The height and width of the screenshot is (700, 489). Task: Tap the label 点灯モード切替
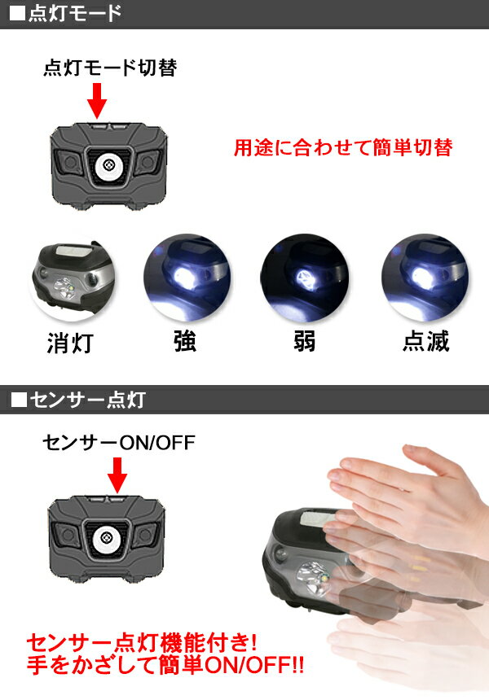pyautogui.click(x=109, y=69)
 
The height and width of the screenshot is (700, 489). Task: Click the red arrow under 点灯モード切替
pyautogui.click(x=98, y=101)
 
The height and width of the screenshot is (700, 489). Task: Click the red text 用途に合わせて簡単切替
pyautogui.click(x=342, y=148)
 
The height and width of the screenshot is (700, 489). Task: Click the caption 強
pyautogui.click(x=185, y=341)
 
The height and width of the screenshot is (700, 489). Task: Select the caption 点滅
pyautogui.click(x=425, y=341)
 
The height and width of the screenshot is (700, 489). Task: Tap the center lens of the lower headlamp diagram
pyautogui.click(x=107, y=537)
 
